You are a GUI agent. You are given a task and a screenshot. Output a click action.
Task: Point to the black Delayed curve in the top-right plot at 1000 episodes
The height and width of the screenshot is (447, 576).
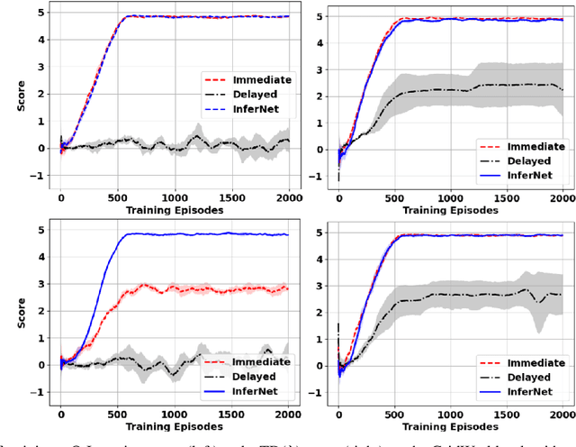coord(451,88)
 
